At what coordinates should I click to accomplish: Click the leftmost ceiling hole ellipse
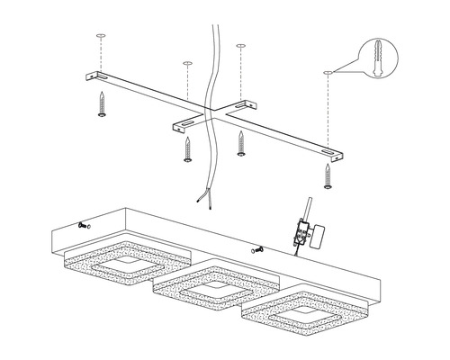point(101,38)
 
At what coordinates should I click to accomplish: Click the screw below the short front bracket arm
point(187,149)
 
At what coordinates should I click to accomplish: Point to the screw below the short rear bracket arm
point(241,141)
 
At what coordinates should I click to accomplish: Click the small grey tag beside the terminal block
point(317,237)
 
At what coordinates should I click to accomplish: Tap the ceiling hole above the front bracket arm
point(186,64)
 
